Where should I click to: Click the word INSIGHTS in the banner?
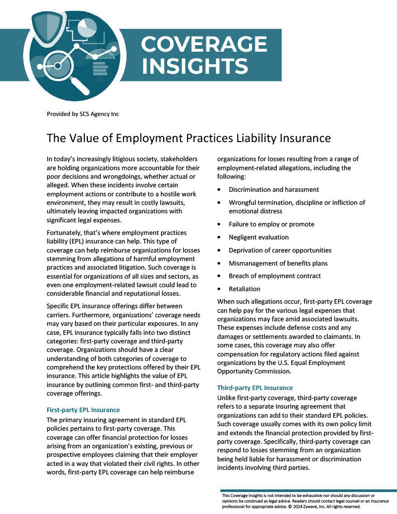pyautogui.click(x=195, y=66)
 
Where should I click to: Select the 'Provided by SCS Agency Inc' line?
pyautogui.click(x=83, y=114)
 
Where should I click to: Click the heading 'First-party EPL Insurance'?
pyautogui.click(x=83, y=410)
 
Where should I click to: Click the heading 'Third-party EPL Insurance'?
pyautogui.click(x=254, y=388)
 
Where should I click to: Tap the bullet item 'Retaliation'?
pyautogui.click(x=244, y=289)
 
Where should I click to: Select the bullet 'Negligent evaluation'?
pyautogui.click(x=258, y=237)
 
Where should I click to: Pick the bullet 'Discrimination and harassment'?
pyautogui.click(x=274, y=189)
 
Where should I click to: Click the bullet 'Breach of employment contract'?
pyautogui.click(x=275, y=276)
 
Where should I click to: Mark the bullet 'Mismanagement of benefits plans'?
pyautogui.click(x=278, y=263)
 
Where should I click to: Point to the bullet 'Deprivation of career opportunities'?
pyautogui.click(x=280, y=250)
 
